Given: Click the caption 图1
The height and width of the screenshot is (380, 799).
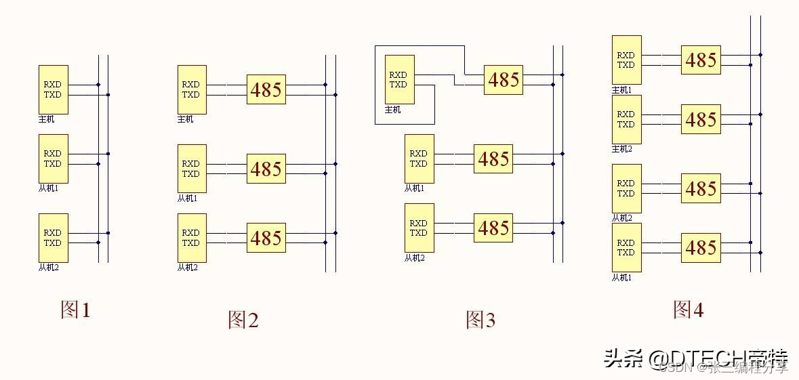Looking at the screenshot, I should (x=75, y=310).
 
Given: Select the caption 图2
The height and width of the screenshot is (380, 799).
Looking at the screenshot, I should (x=243, y=320).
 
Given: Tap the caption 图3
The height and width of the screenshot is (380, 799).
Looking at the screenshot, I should (x=480, y=320).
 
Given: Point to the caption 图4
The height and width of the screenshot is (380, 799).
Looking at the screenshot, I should (x=688, y=310).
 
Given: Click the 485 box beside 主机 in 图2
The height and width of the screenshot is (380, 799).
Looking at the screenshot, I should (x=266, y=89).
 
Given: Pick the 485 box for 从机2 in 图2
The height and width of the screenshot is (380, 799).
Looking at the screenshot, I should (x=266, y=238).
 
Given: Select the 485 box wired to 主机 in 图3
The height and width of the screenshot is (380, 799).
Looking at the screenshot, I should (x=504, y=80).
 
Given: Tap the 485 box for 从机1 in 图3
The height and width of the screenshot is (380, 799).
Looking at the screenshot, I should (x=493, y=159).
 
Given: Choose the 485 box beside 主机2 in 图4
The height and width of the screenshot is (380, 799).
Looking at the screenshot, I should (x=701, y=119).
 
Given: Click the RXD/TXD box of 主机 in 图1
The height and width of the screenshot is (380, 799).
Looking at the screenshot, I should (x=53, y=89).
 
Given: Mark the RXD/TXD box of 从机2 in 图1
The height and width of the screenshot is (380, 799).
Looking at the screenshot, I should (x=53, y=238).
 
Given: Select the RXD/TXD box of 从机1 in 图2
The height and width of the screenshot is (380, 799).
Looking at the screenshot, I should (x=192, y=169).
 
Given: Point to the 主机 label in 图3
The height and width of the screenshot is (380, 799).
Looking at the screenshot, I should (x=393, y=110).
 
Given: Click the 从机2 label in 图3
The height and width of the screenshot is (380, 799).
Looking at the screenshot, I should (x=414, y=258).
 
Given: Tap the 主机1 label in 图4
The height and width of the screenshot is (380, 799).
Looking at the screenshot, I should (x=621, y=89).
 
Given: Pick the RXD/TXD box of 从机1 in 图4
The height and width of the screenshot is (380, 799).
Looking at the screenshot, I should (x=626, y=247).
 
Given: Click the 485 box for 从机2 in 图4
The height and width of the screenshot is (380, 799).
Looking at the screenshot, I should (x=701, y=188).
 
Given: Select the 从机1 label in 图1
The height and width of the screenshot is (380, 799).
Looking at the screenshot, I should (x=48, y=188).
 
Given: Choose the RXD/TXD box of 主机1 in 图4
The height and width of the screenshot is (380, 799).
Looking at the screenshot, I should (x=626, y=60).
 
